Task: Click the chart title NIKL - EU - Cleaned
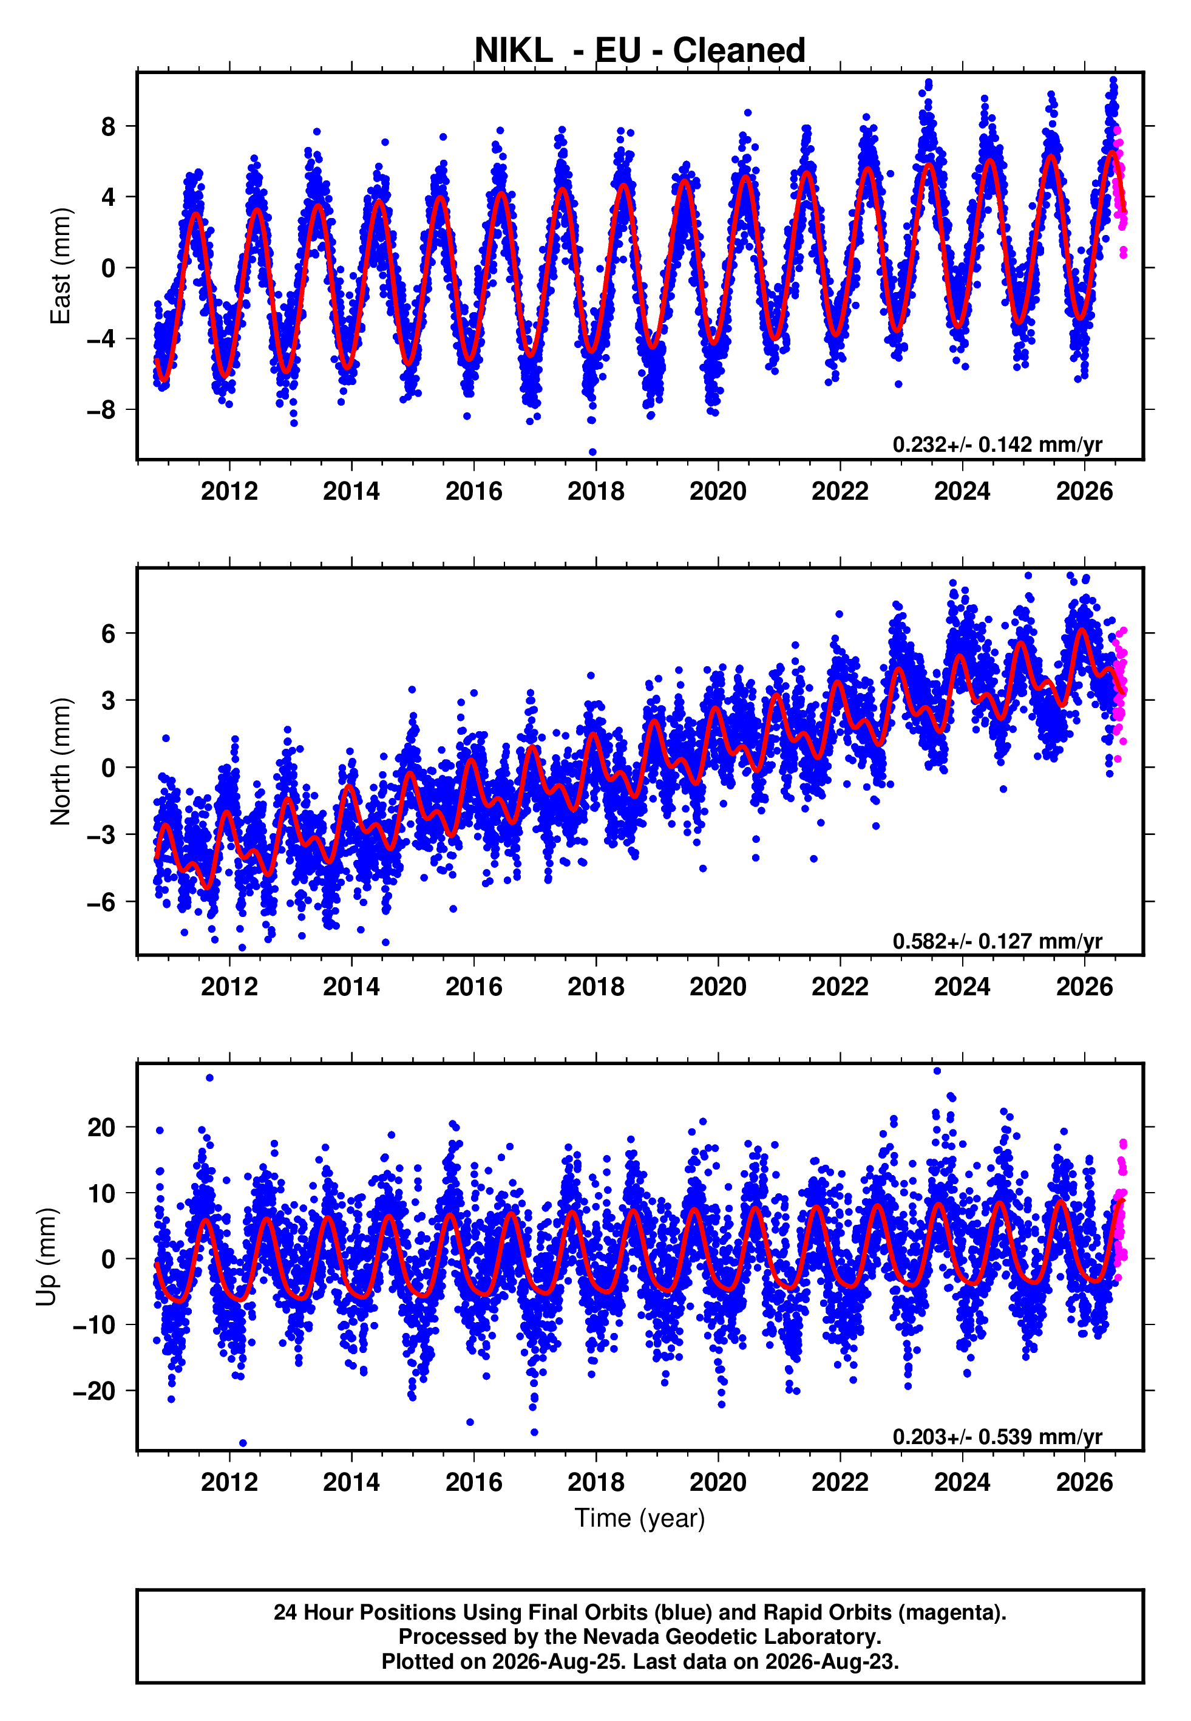click(x=640, y=51)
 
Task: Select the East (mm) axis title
click(x=59, y=266)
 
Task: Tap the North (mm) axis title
click(x=59, y=762)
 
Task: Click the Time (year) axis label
click(x=640, y=1518)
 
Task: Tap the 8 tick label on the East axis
click(x=109, y=126)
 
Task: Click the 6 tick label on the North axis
click(x=109, y=633)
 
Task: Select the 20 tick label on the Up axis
click(x=101, y=1127)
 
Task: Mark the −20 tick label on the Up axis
click(x=94, y=1391)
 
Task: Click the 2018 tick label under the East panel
click(x=595, y=491)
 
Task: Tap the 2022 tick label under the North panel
click(x=840, y=987)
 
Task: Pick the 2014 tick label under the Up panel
click(x=351, y=1482)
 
